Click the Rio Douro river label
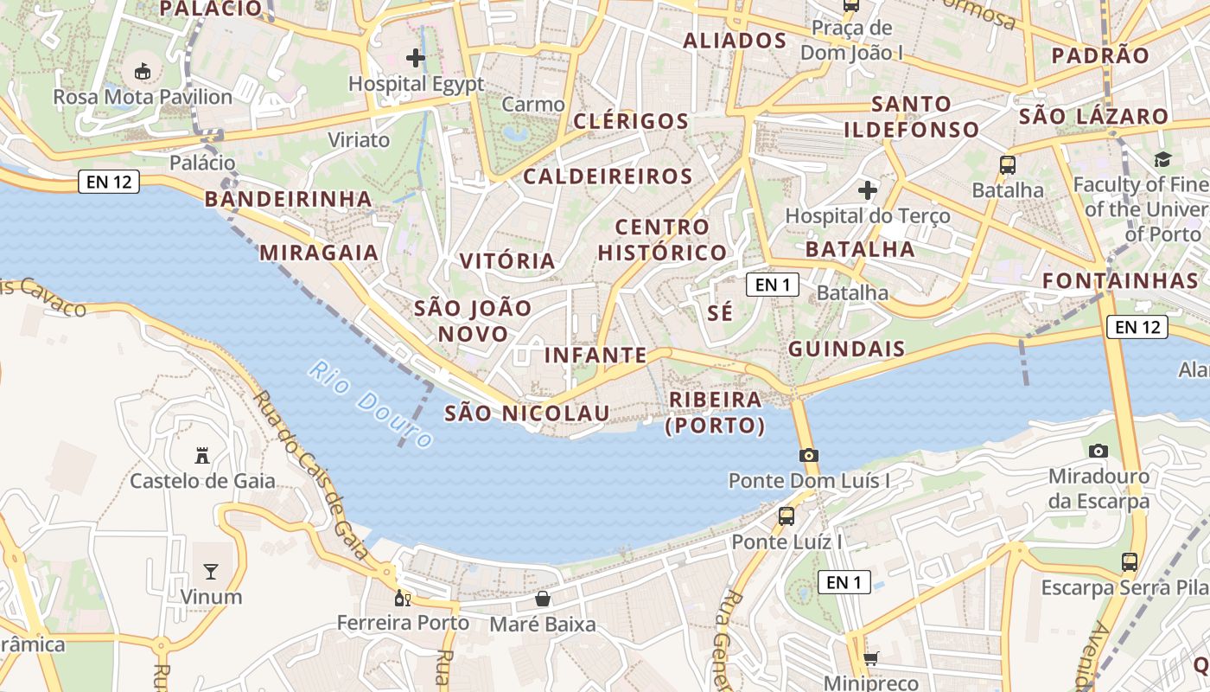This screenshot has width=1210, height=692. click(x=371, y=405)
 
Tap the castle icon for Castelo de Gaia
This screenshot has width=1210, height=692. click(x=202, y=455)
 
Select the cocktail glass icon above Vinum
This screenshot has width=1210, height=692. click(x=211, y=571)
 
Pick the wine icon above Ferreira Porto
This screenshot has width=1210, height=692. click(x=402, y=598)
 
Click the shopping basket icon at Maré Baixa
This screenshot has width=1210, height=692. click(x=543, y=599)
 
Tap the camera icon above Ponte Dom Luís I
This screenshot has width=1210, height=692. click(x=809, y=455)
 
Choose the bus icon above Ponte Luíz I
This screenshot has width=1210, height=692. click(x=786, y=516)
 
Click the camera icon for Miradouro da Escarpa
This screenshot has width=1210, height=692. click(x=1099, y=451)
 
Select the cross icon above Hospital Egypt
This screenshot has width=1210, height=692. click(x=416, y=58)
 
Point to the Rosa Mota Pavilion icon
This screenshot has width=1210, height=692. click(x=143, y=72)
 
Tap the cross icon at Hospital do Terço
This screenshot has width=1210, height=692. click(x=868, y=190)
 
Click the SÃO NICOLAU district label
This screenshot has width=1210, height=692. click(x=527, y=413)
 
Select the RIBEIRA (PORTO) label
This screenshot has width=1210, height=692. click(x=716, y=413)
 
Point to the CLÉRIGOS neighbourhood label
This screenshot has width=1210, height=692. click(x=631, y=121)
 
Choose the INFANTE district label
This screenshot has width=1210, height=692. click(x=595, y=355)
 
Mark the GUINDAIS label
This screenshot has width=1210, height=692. click(x=847, y=349)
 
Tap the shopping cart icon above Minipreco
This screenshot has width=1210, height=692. click(x=870, y=659)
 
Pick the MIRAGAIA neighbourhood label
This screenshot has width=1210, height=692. click(x=319, y=253)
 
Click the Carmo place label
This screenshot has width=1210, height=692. click(x=532, y=105)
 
